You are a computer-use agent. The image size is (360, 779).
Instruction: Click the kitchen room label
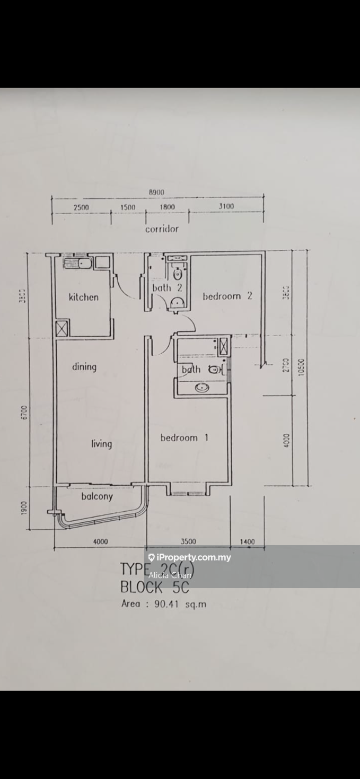point(83,297)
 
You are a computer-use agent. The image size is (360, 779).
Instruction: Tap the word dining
point(84,366)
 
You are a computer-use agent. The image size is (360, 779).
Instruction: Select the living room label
point(101,443)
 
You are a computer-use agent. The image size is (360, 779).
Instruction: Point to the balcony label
point(97,496)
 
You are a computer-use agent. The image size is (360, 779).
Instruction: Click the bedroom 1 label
point(184,437)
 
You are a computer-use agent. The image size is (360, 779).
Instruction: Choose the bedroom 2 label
point(227,296)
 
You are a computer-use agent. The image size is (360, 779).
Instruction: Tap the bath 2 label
point(167,287)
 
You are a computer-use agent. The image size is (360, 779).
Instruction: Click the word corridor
point(162,229)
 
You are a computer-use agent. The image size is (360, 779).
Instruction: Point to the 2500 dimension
point(81,207)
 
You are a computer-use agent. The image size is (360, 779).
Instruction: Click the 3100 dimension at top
point(225,207)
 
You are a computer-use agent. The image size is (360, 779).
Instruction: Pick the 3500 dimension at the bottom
point(188,541)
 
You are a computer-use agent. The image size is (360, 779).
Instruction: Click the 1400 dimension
point(247,541)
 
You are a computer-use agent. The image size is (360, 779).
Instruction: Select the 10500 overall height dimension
point(301,366)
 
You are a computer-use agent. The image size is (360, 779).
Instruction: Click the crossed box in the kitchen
point(62,328)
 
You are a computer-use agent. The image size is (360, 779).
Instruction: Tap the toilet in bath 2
point(178,274)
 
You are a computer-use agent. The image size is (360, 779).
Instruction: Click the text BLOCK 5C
point(154,587)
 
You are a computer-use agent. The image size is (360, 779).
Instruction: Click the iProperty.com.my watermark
point(189,557)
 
